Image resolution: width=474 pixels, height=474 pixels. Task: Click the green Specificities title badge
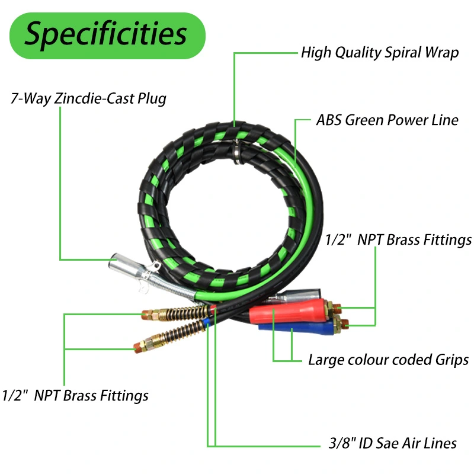coord(107,36)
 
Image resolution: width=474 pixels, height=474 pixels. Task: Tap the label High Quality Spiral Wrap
coord(380,53)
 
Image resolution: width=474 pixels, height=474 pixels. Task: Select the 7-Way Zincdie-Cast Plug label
coord(88,98)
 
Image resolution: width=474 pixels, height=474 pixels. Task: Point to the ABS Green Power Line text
coord(387,120)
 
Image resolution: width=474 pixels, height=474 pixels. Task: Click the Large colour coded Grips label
coord(389,360)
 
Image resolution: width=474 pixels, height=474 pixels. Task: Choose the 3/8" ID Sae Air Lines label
coord(393,443)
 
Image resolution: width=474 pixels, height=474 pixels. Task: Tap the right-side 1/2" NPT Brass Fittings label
coord(398,240)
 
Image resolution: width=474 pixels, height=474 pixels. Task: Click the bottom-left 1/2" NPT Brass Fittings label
coord(75,395)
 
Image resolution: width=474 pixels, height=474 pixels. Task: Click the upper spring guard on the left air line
coord(185,313)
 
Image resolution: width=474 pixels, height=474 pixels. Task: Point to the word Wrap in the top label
coord(441,53)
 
